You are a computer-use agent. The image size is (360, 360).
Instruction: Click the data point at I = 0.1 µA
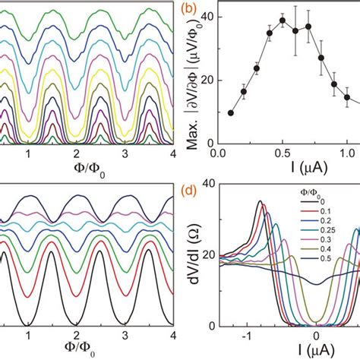[231, 112]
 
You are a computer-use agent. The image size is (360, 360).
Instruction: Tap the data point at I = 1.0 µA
[347, 97]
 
